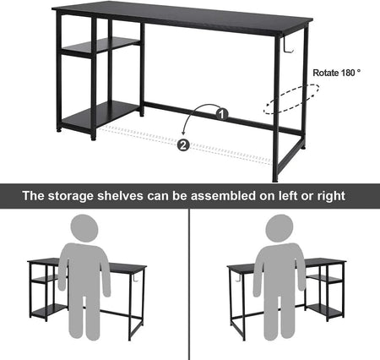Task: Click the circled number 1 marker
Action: [x=222, y=115]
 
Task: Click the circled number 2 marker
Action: [x=183, y=145]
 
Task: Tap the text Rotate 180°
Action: [x=337, y=73]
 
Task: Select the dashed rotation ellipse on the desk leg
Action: [x=291, y=99]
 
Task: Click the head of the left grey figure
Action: [x=84, y=228]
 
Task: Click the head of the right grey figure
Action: [x=280, y=228]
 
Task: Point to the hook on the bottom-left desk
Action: [x=135, y=278]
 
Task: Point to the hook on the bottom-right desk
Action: [x=236, y=278]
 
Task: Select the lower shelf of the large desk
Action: [x=100, y=114]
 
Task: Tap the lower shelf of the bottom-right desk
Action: [x=324, y=311]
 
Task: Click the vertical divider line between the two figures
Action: [x=189, y=284]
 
